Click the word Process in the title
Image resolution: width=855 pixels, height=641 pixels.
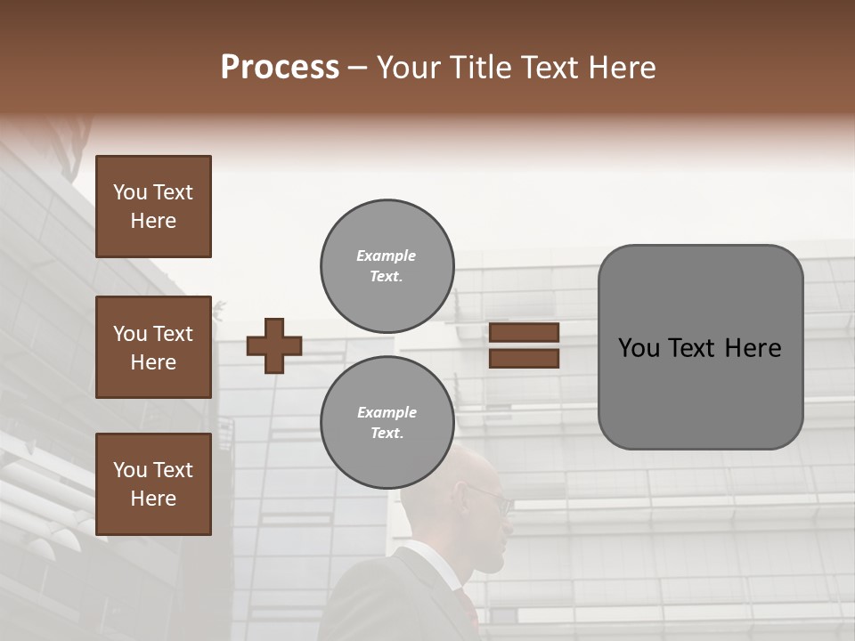[x=280, y=68]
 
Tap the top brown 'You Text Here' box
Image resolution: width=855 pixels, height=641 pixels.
[x=153, y=207]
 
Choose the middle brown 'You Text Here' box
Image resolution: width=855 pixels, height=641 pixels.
[x=153, y=347]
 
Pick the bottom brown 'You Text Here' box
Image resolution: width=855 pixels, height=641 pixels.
[x=153, y=484]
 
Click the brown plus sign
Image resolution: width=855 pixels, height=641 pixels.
[x=274, y=345]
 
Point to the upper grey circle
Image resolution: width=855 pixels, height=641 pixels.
[x=387, y=265]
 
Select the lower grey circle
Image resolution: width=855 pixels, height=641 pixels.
[x=387, y=422]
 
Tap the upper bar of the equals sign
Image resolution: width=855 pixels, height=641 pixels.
[x=525, y=333]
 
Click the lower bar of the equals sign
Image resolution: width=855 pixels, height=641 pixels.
[x=525, y=358]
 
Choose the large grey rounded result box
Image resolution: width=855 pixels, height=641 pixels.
[x=700, y=347]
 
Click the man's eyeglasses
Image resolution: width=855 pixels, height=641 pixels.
[x=492, y=497]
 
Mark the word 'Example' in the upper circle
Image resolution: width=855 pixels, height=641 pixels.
[x=387, y=256]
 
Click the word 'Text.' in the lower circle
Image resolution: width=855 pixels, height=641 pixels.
[x=387, y=433]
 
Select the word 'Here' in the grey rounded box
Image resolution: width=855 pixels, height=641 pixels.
[x=753, y=348]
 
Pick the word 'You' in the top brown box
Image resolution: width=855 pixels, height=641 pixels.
[x=130, y=192]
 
